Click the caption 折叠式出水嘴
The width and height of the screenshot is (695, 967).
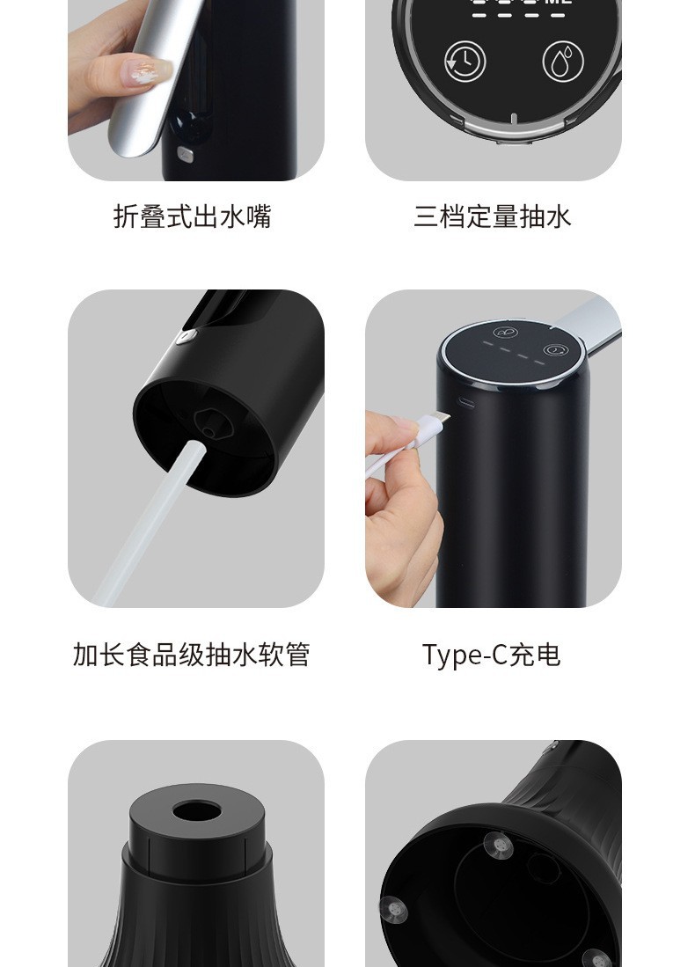pos(192,216)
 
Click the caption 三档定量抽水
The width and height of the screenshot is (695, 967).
pos(493,216)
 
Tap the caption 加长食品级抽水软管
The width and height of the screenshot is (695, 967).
pos(192,655)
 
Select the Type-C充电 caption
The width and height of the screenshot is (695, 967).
pos(491,655)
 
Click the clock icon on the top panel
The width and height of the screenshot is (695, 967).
pos(465,61)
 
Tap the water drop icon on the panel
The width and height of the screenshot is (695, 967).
pos(562,61)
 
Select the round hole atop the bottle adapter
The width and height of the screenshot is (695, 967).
pos(195,809)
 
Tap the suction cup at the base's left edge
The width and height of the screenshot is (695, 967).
pos(391,908)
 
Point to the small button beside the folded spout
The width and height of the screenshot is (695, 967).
pos(185,154)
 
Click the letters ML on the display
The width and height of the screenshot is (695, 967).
pos(560,3)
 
